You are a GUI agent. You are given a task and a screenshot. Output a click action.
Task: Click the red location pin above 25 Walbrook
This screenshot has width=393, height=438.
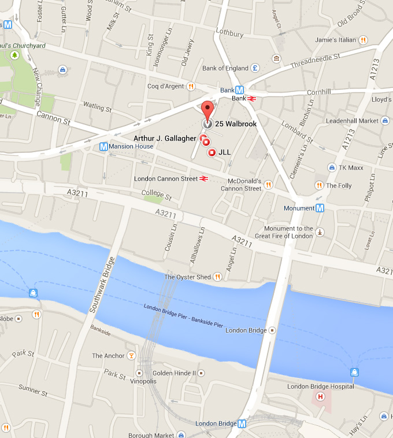[x=207, y=109]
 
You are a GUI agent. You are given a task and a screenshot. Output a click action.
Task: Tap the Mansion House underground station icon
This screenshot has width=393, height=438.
[x=103, y=146]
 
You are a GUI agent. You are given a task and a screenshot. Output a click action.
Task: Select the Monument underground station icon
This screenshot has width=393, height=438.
[x=320, y=208]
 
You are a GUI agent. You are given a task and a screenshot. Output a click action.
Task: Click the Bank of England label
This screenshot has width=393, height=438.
[x=225, y=68]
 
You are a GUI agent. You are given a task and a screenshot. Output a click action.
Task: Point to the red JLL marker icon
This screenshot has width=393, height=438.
[x=212, y=152]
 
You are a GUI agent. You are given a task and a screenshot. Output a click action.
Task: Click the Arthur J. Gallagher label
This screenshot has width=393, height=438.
[x=165, y=138]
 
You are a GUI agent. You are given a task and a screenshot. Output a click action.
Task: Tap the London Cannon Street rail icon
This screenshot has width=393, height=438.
[x=203, y=179]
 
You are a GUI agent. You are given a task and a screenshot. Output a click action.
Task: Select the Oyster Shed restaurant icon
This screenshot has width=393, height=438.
[x=217, y=277]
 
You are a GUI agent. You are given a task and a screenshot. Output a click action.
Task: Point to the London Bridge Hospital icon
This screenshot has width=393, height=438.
[x=319, y=397]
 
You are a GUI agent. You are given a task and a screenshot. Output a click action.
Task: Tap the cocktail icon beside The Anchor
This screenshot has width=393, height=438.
[x=131, y=355]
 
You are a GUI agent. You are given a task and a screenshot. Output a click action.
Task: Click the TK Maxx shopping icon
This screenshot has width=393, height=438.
[x=332, y=167]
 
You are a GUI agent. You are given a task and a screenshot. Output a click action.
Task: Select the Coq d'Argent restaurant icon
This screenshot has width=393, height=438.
[x=191, y=86]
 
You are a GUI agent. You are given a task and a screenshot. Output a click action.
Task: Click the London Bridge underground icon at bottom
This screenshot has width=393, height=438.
[x=242, y=424]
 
